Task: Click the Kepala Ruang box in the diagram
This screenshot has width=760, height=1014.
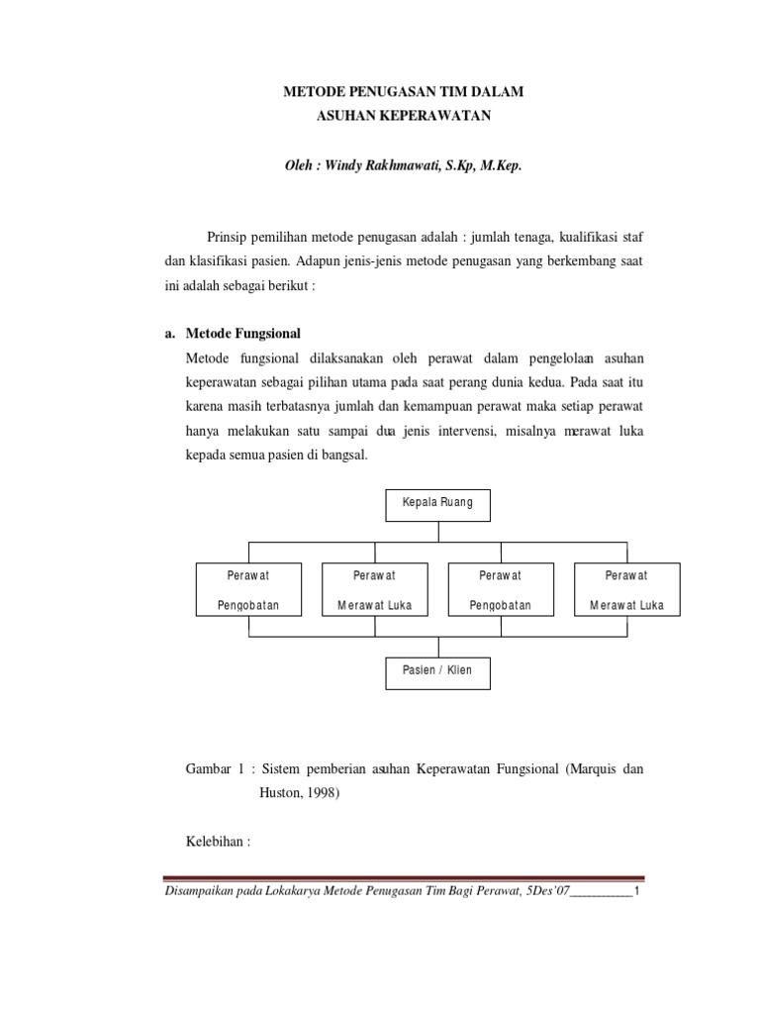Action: tap(437, 503)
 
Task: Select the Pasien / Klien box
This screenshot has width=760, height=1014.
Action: tap(437, 671)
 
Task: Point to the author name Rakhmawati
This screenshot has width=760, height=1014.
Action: tap(409, 167)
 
